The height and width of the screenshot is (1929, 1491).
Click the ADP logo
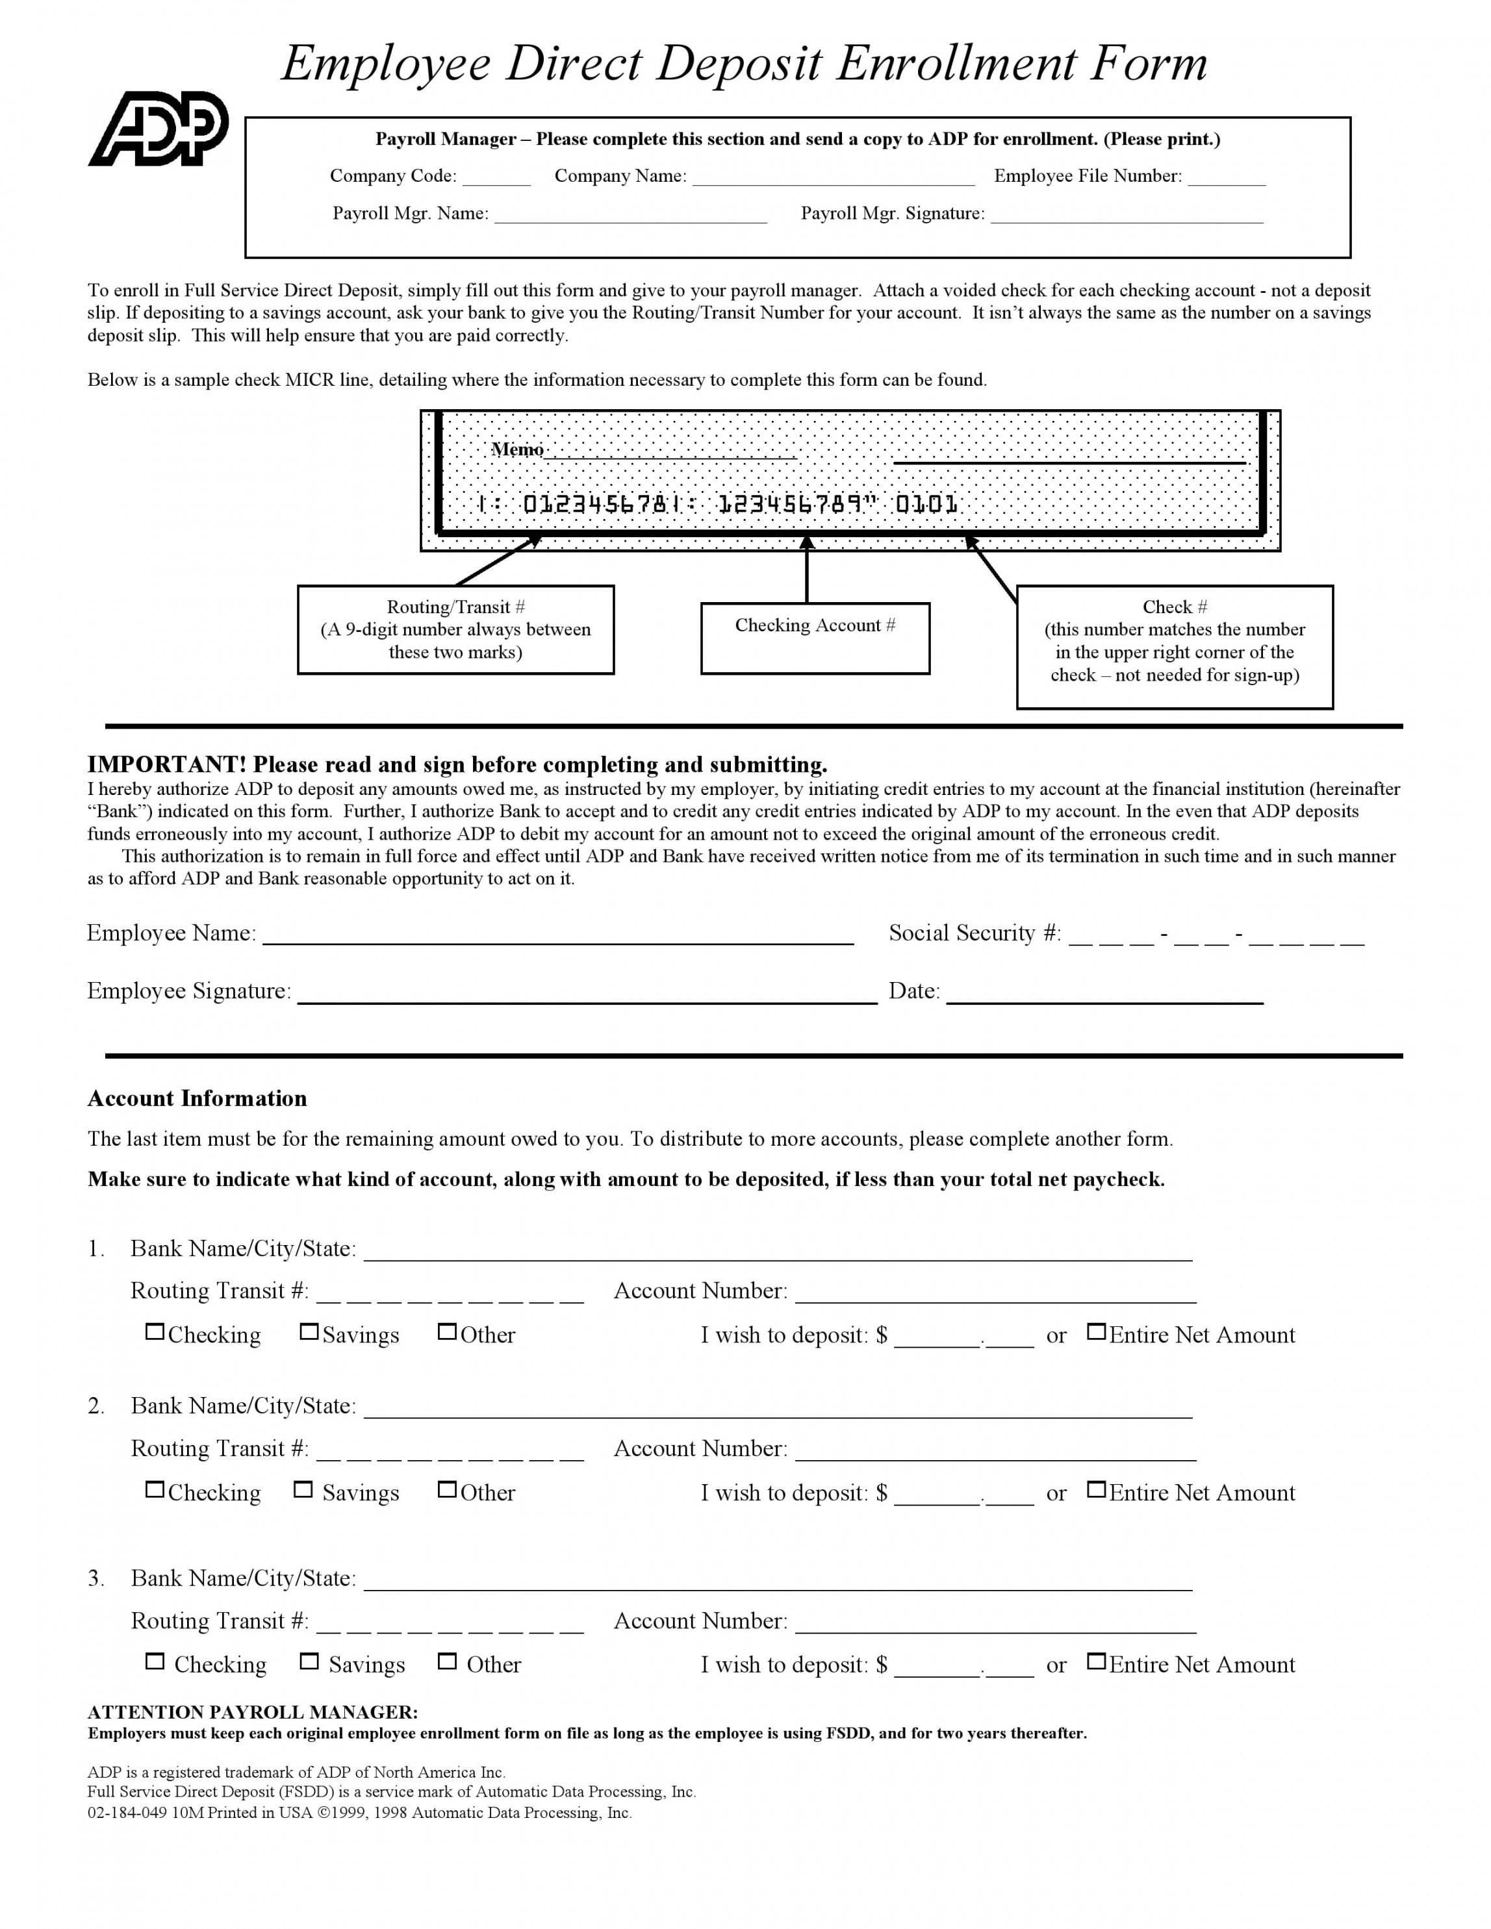pos(159,129)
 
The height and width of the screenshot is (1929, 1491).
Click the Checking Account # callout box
pos(815,638)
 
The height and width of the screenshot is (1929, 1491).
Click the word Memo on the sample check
pos(518,449)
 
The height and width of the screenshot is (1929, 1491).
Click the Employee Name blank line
pos(558,940)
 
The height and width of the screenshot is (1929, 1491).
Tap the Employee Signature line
pos(587,998)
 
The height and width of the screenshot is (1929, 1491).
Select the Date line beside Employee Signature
pos(1104,998)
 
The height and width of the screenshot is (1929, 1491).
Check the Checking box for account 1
pos(155,1332)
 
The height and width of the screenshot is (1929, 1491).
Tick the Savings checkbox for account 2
pos(303,1490)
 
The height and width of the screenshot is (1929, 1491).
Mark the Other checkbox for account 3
pos(447,1661)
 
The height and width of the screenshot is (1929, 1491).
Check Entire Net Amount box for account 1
pos(1096,1332)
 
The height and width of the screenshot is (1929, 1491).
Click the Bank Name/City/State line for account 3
pos(777,1585)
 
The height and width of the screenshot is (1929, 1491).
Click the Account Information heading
pos(197,1099)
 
